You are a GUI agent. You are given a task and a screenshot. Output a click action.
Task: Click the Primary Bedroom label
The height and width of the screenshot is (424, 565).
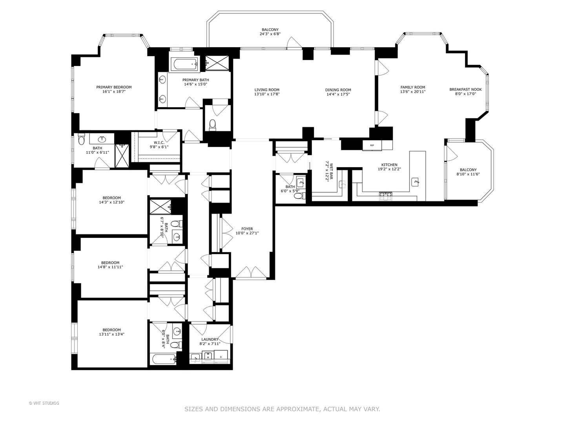pos(114,87)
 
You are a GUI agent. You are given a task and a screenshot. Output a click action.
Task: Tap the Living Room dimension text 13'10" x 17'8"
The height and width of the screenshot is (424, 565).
pos(267,94)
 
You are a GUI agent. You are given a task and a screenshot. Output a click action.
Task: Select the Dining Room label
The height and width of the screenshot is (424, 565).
pos(338,90)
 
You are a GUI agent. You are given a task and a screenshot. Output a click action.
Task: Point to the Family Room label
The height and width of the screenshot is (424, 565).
pos(412,87)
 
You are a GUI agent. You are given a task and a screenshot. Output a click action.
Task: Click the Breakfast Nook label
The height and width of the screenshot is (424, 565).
pos(465,90)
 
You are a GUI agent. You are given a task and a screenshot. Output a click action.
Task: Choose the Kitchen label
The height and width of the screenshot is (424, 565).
pos(389,165)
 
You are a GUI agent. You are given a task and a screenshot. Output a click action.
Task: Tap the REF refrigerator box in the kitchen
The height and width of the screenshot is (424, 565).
pos(371,145)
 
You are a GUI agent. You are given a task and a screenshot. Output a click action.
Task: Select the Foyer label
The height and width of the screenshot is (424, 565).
pos(247,229)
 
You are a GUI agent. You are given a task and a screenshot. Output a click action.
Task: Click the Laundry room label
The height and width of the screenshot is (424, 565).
pos(210,340)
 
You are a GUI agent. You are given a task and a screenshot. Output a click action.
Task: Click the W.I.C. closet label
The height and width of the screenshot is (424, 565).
pos(159,143)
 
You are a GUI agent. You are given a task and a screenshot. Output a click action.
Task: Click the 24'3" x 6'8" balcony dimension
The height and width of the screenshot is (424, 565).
pos(270,34)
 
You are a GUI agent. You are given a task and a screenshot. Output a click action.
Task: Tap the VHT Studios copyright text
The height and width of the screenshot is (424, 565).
pos(44,403)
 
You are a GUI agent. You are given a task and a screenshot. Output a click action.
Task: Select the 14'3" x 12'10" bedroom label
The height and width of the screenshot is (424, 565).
pos(111,198)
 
